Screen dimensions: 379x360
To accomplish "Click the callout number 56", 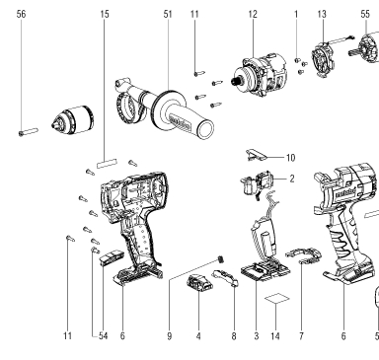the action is click(x=21, y=14).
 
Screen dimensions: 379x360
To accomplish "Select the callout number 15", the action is click(x=105, y=14).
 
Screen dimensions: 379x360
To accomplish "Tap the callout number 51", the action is click(x=168, y=14).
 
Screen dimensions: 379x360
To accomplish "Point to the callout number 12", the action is click(x=253, y=14).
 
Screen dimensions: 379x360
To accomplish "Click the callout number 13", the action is click(x=322, y=14).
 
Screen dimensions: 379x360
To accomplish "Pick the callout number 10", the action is click(x=290, y=158).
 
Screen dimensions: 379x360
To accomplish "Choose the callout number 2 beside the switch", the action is click(x=292, y=179).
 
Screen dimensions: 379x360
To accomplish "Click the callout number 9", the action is click(x=169, y=336).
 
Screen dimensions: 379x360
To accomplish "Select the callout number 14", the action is click(x=275, y=336).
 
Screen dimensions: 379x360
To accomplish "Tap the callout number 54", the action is click(x=103, y=336).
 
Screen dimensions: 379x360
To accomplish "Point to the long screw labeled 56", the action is click(x=29, y=132).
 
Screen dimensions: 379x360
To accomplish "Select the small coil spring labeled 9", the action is click(x=221, y=259).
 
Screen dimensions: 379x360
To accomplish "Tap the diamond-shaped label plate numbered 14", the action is click(x=277, y=298).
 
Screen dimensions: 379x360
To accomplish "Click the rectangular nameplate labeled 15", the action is click(x=107, y=164).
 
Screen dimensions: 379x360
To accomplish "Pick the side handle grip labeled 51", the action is click(x=165, y=109).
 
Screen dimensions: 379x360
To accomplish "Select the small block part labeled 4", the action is click(x=199, y=283).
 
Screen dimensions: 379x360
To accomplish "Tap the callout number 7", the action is click(x=301, y=336).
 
